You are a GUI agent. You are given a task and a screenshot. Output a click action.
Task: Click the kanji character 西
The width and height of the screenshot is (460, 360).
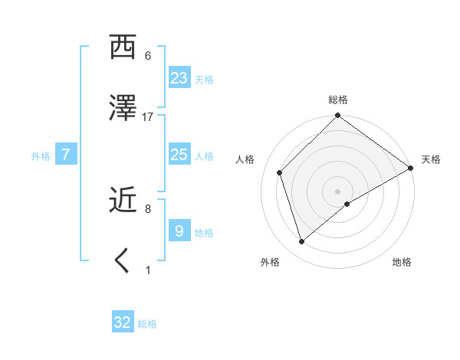[123, 47]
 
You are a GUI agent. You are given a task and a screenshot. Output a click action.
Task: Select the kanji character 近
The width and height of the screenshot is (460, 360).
[123, 200]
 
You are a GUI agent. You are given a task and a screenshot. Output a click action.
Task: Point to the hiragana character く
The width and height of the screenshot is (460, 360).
[123, 261]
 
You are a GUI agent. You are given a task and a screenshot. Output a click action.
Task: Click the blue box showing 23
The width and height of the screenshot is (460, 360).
[179, 77]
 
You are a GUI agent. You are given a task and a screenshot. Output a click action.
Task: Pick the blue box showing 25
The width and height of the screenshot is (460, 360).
[179, 154]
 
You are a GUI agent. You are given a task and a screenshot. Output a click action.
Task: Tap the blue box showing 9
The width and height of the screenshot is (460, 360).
[179, 231]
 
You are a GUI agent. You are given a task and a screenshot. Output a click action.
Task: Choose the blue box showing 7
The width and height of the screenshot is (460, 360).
[66, 155]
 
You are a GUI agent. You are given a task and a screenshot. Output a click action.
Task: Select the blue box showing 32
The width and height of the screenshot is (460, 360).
[123, 322]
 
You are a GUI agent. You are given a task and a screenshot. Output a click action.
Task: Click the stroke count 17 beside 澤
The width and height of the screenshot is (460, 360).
[148, 116]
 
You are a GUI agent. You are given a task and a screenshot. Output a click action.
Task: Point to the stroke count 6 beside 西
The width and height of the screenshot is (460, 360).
[148, 55]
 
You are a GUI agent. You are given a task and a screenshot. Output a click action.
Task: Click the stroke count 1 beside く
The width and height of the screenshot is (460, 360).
[148, 270]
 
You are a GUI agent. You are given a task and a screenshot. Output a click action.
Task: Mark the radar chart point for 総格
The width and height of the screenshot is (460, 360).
[337, 116]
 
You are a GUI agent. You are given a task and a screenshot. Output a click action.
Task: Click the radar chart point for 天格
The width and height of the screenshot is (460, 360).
[411, 169]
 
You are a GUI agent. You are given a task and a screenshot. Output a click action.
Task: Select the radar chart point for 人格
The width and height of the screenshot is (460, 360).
[280, 172]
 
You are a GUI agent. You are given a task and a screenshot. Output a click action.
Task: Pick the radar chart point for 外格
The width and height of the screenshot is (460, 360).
[302, 242]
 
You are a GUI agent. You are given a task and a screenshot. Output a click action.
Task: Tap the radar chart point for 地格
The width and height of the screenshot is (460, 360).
[347, 204]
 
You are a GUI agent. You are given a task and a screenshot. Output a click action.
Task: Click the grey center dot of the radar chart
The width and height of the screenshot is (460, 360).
[337, 191]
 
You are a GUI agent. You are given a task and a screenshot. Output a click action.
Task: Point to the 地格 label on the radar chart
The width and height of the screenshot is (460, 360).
[402, 262]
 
